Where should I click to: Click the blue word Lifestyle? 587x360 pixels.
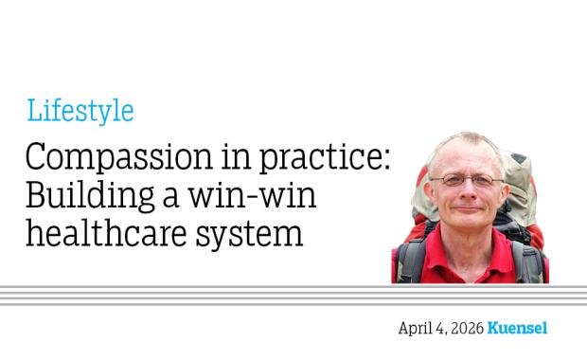(x=80, y=112)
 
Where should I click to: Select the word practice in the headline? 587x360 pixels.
(x=326, y=158)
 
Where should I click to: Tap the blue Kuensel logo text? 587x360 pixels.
(x=518, y=329)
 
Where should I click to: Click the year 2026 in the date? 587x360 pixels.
(x=464, y=329)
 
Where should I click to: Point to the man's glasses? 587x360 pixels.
(x=466, y=179)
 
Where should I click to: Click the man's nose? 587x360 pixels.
(x=466, y=191)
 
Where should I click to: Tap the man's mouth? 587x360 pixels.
(x=467, y=207)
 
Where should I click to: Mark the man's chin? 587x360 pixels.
(x=467, y=224)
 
